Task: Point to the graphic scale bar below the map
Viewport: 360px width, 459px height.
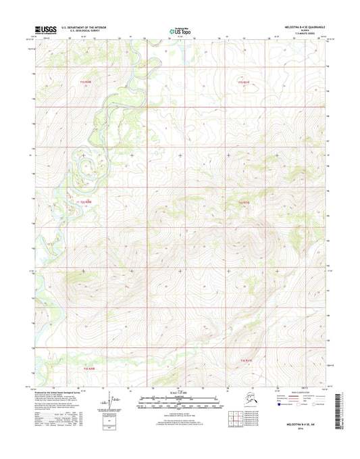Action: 180,399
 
